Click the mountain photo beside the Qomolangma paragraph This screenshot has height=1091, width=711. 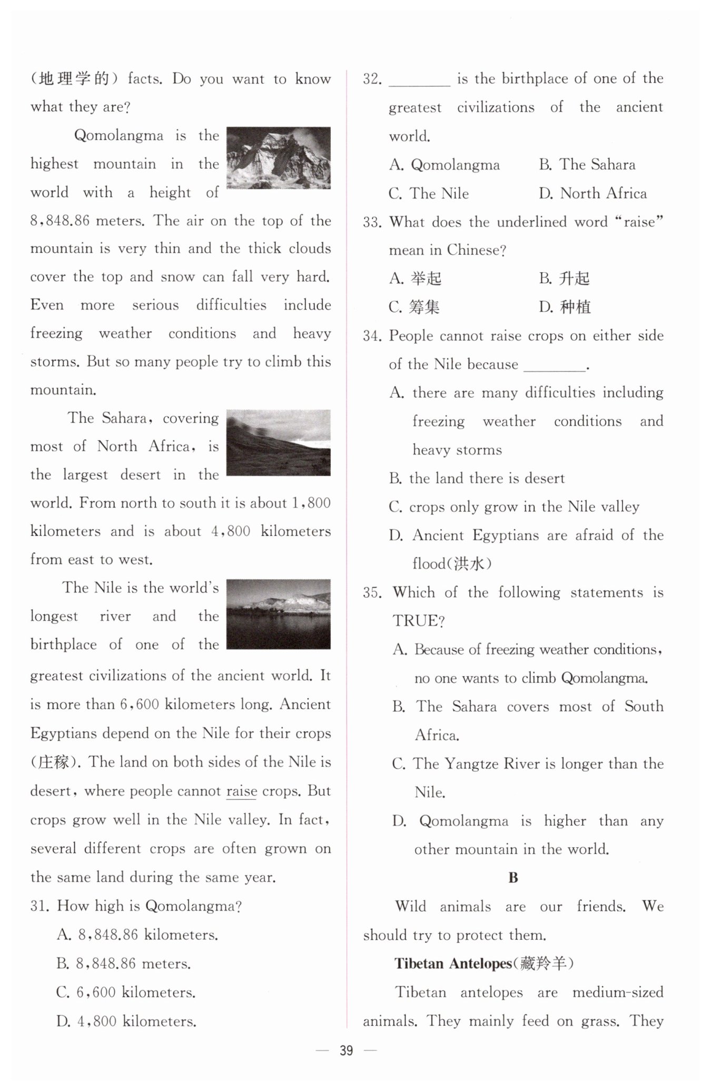[x=278, y=157]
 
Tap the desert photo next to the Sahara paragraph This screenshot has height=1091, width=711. [x=278, y=442]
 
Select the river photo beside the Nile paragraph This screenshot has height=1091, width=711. [x=278, y=614]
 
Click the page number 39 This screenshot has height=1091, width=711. [x=346, y=1051]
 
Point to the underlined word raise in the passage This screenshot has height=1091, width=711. [x=241, y=791]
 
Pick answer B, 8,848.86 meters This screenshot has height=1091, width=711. [x=124, y=964]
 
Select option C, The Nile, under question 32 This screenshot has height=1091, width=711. [x=429, y=193]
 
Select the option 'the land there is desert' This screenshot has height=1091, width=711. [x=477, y=478]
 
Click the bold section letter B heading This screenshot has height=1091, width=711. [x=513, y=878]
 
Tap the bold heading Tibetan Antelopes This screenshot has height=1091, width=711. [x=453, y=964]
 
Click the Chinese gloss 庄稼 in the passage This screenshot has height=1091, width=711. [x=54, y=762]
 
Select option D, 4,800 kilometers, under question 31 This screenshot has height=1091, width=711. [x=126, y=1021]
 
